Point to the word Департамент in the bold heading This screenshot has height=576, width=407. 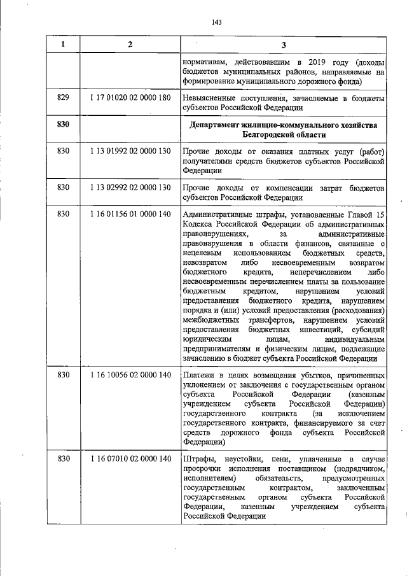pyautogui.click(x=219, y=125)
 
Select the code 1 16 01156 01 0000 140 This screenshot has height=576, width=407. pyautogui.click(x=130, y=214)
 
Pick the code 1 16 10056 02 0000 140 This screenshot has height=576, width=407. pyautogui.click(x=130, y=375)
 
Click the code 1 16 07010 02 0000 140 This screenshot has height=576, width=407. pyautogui.click(x=130, y=459)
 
